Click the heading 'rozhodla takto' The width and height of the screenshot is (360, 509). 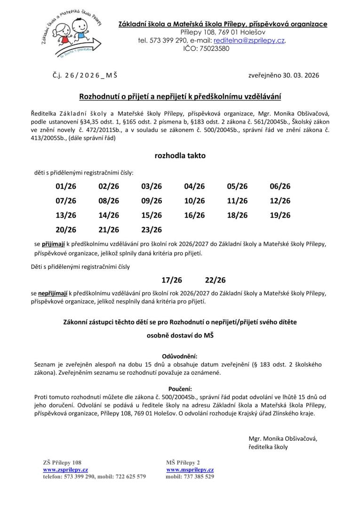point(180,155)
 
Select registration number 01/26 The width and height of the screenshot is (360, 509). point(66,186)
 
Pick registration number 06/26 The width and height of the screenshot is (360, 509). point(280,186)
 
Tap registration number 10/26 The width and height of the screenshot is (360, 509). point(194,201)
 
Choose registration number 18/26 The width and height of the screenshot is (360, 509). point(237,215)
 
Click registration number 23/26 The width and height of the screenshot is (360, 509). point(152,230)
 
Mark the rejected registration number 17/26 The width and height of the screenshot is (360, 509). point(172,280)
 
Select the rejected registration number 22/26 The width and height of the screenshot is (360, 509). point(216,280)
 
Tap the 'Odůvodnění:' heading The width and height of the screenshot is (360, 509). point(180,356)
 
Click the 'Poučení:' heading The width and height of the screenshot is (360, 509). point(180,388)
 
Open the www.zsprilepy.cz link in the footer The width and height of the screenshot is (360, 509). point(65,469)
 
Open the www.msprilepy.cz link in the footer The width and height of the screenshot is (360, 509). point(190,469)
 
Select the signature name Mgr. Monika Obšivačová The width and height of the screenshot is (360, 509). point(283,438)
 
